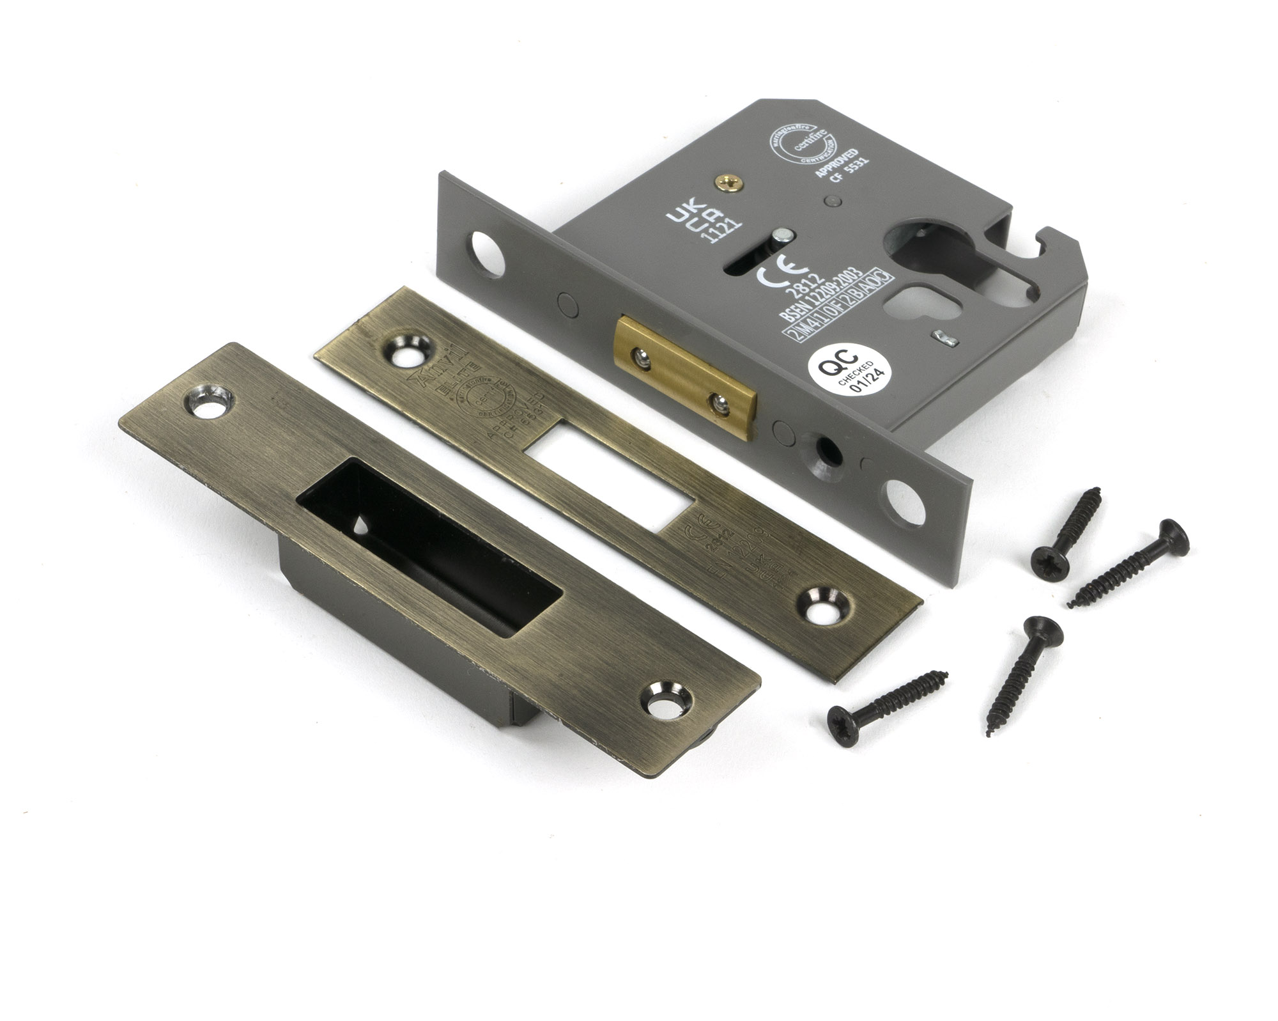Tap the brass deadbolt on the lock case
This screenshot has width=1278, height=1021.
[684, 377]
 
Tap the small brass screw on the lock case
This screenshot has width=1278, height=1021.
[728, 185]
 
